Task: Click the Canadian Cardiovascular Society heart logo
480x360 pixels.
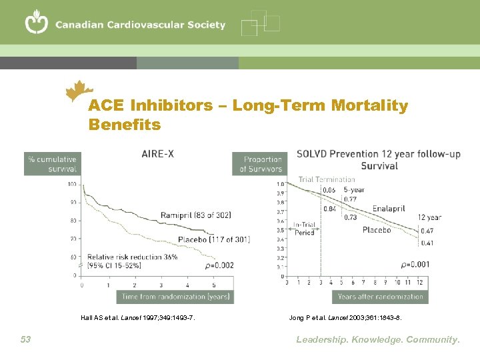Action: pyautogui.click(x=36, y=23)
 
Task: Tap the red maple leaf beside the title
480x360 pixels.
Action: pyautogui.click(x=81, y=91)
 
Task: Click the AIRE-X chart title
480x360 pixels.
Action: pyautogui.click(x=158, y=153)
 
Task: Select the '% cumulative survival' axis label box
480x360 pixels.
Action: pyautogui.click(x=52, y=164)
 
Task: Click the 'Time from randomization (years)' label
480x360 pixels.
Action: pyautogui.click(x=175, y=296)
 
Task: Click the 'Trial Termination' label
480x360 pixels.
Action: pyautogui.click(x=327, y=179)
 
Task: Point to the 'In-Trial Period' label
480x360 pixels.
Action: pyautogui.click(x=304, y=228)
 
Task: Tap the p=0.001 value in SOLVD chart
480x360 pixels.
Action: pyautogui.click(x=415, y=265)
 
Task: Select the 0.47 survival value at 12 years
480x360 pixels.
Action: pyautogui.click(x=427, y=230)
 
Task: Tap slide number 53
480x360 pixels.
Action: pyautogui.click(x=25, y=339)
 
